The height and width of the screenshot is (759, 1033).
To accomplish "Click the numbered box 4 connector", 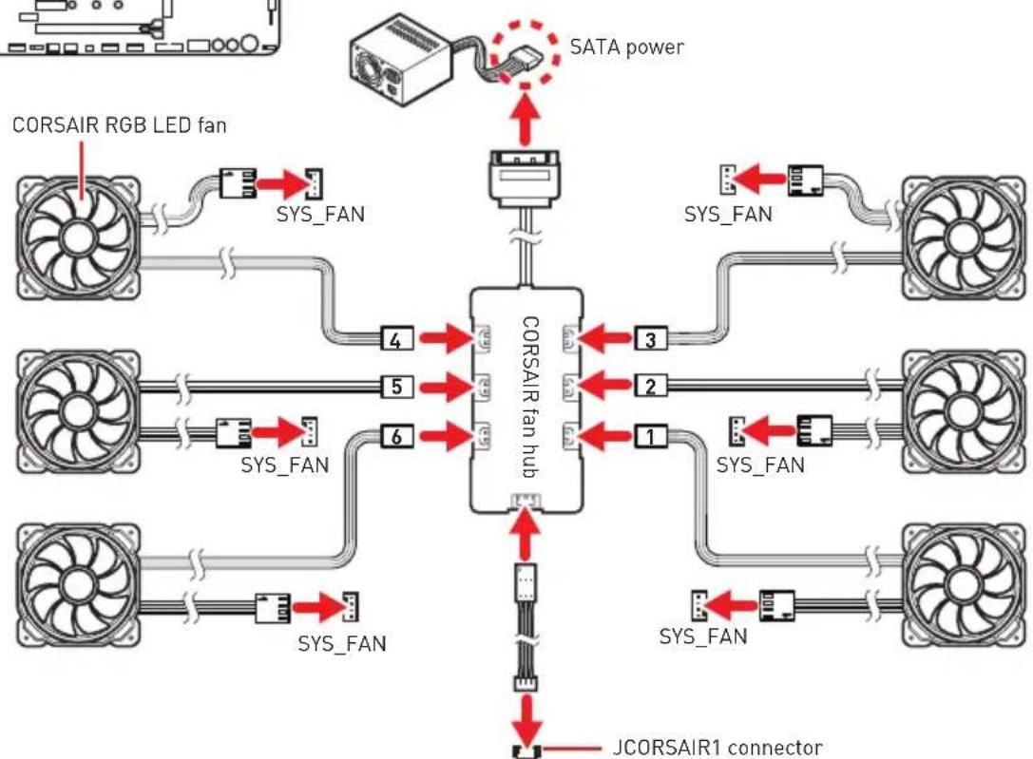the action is pyautogui.click(x=396, y=340).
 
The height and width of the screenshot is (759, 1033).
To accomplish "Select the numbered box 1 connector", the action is pyautogui.click(x=651, y=436).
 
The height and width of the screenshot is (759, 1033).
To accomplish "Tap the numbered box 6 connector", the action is pyautogui.click(x=396, y=436).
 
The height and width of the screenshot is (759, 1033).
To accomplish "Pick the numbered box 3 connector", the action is pyautogui.click(x=651, y=340).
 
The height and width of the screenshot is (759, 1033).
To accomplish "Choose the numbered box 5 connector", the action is pyautogui.click(x=396, y=387).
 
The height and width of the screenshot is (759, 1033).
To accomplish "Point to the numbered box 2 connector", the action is pyautogui.click(x=651, y=387).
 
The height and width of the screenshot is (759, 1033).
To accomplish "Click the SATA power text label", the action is pyautogui.click(x=626, y=47).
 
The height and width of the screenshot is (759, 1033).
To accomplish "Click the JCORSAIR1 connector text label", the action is pyautogui.click(x=717, y=748).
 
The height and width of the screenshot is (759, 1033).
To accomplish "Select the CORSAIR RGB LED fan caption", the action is pyautogui.click(x=119, y=125).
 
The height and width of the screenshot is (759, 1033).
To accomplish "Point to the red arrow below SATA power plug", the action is pyautogui.click(x=526, y=119).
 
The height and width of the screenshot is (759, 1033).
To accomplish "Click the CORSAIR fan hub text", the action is pyautogui.click(x=530, y=398).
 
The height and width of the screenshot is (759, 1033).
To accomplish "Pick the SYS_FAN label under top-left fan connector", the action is pyautogui.click(x=320, y=214).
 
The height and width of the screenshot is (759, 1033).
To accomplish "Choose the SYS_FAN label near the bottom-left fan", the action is pyautogui.click(x=342, y=643).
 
